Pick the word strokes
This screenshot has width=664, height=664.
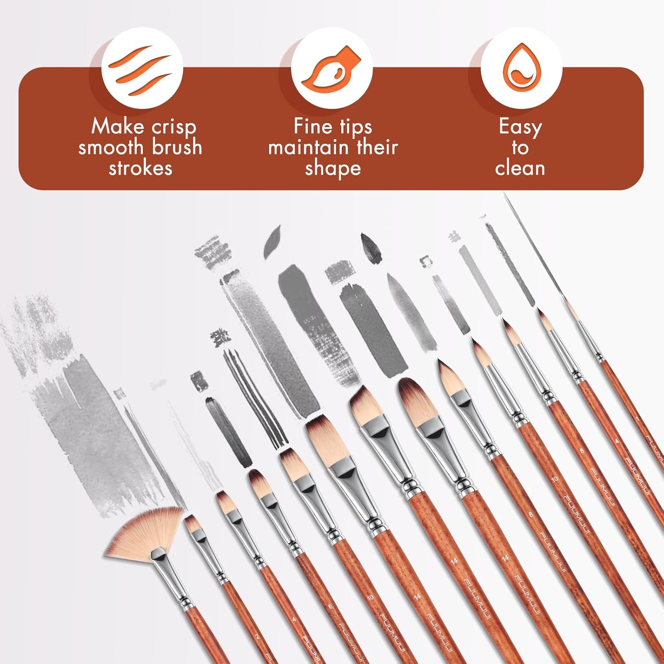tap(140, 168)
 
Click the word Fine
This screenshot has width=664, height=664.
tap(313, 127)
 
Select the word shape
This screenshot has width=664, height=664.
tap(332, 169)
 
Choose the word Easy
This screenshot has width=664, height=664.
tap(520, 127)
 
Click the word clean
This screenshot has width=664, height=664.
tap(520, 168)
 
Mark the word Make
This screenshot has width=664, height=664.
tap(117, 127)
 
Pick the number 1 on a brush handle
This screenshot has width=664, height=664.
tap(637, 417)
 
